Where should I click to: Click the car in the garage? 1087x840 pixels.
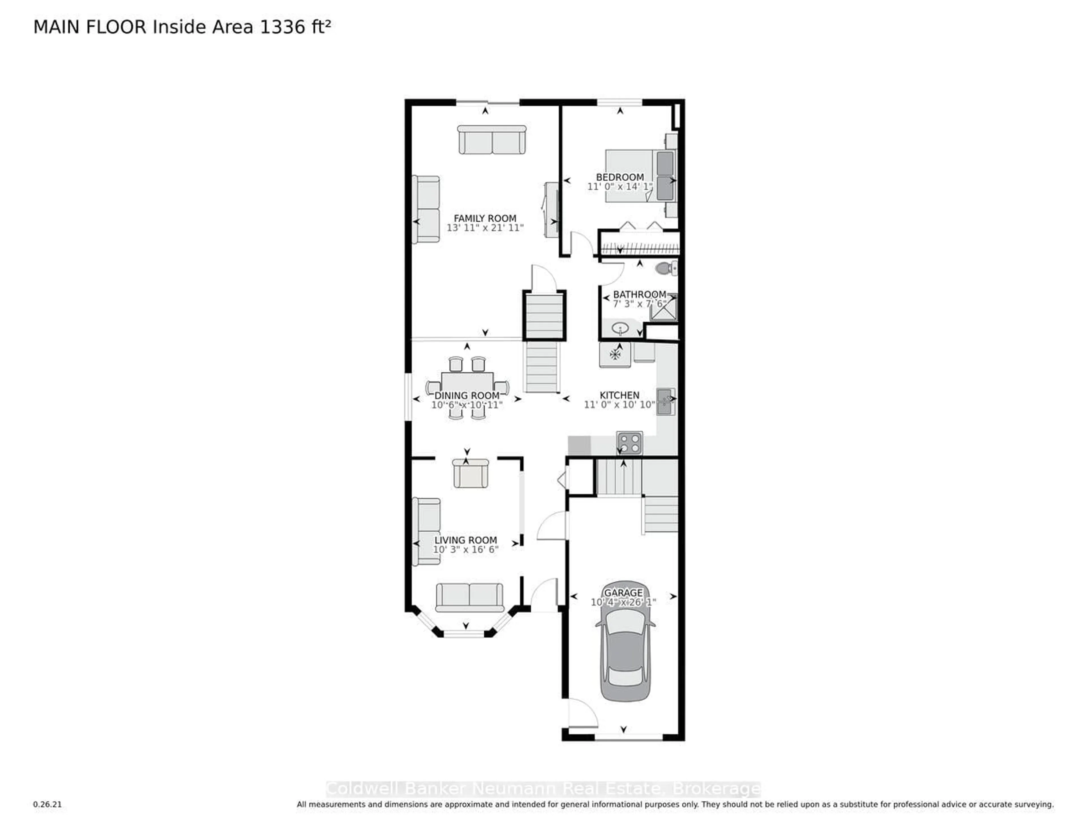(625, 642)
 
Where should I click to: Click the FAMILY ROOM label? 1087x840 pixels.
(485, 218)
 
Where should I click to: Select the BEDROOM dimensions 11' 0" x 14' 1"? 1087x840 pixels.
(620, 187)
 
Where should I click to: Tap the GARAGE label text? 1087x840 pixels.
(623, 593)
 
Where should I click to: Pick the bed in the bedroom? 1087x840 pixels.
(639, 176)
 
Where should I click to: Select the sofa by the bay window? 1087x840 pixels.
(469, 597)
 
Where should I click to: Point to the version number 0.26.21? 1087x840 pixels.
(47, 804)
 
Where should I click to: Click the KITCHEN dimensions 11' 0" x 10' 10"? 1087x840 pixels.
(619, 404)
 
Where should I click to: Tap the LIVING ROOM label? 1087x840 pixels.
(465, 540)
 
